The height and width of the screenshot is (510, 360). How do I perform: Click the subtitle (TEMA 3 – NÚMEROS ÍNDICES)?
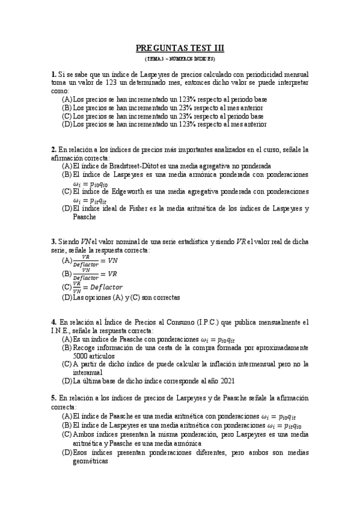tap(180, 60)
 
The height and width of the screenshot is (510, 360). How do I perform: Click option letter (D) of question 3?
tap(67, 297)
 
